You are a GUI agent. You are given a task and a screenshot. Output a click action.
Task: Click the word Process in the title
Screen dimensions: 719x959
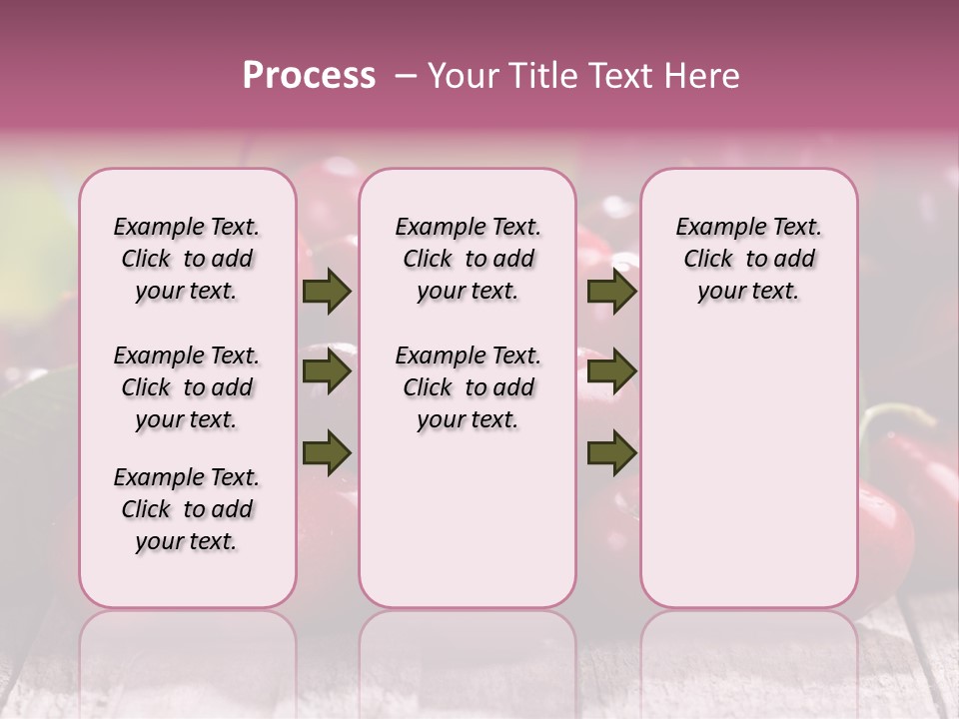[309, 76]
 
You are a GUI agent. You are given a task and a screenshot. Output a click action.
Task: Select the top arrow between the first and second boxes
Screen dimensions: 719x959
[327, 291]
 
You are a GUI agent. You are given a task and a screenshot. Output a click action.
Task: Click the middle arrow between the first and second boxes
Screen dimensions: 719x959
[327, 371]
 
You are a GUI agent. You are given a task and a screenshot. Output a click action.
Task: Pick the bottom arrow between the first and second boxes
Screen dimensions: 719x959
[327, 452]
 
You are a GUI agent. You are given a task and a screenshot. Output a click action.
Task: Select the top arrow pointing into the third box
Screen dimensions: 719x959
[611, 291]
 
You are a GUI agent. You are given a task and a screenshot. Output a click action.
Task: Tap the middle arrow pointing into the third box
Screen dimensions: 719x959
[611, 371]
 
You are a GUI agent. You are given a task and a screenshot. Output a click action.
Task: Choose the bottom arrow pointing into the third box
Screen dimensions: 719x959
[611, 452]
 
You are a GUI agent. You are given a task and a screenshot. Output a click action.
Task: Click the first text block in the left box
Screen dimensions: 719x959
[187, 259]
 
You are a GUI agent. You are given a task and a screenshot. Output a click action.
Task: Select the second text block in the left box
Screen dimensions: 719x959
[187, 387]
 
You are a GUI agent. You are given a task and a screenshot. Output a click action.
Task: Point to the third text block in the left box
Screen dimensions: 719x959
[187, 509]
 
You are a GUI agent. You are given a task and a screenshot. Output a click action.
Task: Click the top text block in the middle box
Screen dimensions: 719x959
[468, 259]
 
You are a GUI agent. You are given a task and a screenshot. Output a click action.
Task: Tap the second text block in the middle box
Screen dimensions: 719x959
[468, 387]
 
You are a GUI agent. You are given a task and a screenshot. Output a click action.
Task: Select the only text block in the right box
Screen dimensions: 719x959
[748, 259]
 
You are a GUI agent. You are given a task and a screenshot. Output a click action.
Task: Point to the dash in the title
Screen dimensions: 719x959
[405, 76]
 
